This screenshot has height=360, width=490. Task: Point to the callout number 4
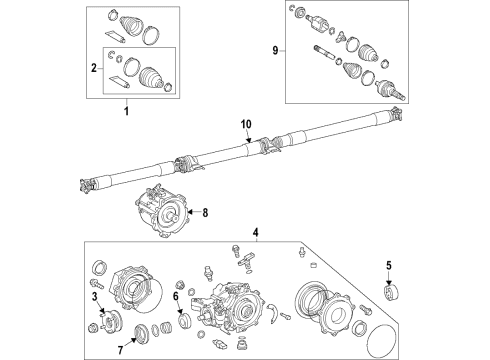click(255, 234)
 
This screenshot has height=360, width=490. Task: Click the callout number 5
click(388, 266)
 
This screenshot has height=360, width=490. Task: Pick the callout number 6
click(175, 296)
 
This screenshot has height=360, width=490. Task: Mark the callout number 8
click(207, 212)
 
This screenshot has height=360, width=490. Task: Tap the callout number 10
click(246, 124)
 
